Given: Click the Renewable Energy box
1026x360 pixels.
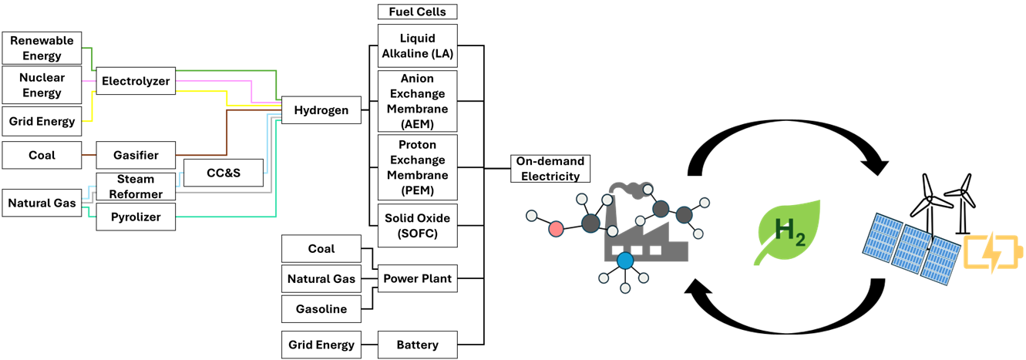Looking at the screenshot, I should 42,48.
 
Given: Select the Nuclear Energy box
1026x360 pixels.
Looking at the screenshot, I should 42,85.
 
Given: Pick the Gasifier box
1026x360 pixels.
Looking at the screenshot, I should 136,155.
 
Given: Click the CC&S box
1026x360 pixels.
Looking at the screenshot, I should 224,173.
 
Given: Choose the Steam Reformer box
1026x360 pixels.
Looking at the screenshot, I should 136,187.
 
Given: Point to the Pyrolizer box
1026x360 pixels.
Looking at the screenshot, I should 136,217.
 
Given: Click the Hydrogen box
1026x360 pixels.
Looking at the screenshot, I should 321,110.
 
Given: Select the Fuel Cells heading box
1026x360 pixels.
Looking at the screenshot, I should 417,12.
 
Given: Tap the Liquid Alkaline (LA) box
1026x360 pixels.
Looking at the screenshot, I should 417,45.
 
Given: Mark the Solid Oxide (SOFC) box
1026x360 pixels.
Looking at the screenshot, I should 417,225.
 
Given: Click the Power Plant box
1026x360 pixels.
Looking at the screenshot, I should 417,278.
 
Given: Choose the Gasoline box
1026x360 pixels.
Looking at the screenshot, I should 321,309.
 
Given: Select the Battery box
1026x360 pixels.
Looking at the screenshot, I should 417,345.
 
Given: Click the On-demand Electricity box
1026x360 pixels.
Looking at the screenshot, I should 550,168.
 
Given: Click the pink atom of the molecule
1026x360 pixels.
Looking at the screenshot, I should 556,228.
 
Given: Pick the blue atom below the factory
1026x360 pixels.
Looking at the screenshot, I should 624,261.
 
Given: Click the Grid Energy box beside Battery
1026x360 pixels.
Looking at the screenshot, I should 321,345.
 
